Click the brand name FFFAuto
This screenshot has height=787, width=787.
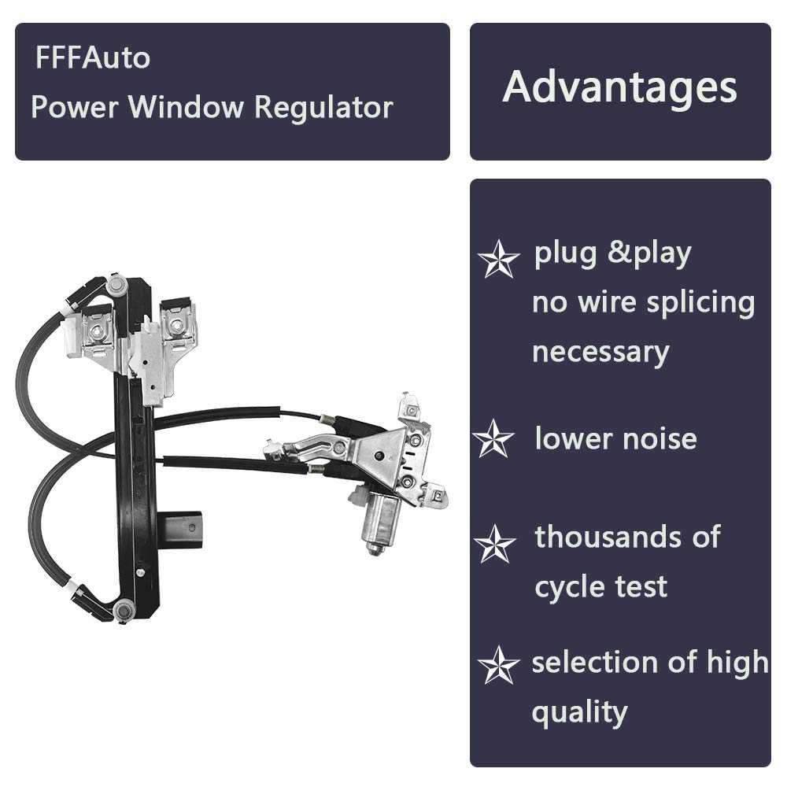tap(92, 58)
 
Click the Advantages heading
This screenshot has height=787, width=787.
tap(619, 87)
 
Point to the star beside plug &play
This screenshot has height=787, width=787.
tap(498, 259)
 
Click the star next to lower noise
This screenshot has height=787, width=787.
tap(493, 439)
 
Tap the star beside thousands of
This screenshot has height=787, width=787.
tap(495, 544)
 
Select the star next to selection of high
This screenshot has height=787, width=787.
tap(498, 665)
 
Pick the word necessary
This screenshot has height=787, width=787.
tap(600, 352)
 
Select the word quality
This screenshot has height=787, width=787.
tap(579, 713)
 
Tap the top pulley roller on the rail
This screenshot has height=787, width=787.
tap(117, 285)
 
